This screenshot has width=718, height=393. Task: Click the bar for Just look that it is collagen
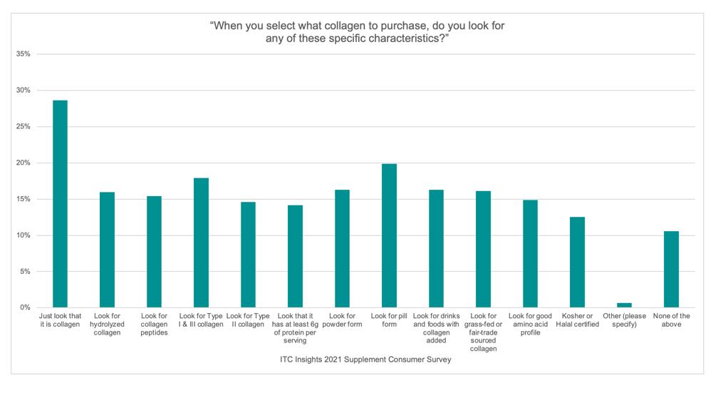coord(60,204)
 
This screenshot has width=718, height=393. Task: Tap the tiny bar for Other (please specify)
coord(624,305)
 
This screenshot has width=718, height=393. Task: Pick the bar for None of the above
coord(671,269)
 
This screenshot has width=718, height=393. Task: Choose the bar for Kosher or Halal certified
coord(577,262)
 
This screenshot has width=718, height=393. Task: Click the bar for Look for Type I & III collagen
coord(201,243)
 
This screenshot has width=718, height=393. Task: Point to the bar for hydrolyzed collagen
coord(107,250)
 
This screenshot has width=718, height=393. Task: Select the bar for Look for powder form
coord(342,248)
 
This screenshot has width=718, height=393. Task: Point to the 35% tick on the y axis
coord(24,54)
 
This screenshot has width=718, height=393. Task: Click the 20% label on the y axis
coord(24,163)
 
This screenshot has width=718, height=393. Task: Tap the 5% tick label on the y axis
coord(26,272)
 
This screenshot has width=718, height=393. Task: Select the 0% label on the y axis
coord(26,308)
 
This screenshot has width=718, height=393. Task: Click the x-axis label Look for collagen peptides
coord(154,324)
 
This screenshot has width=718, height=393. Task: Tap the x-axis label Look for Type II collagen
coord(248,320)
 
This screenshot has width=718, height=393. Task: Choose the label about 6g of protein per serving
coord(295,328)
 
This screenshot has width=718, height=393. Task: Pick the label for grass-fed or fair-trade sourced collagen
coord(483,332)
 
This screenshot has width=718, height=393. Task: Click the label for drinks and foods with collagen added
coord(436,328)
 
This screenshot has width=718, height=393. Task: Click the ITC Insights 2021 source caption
coord(365,359)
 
